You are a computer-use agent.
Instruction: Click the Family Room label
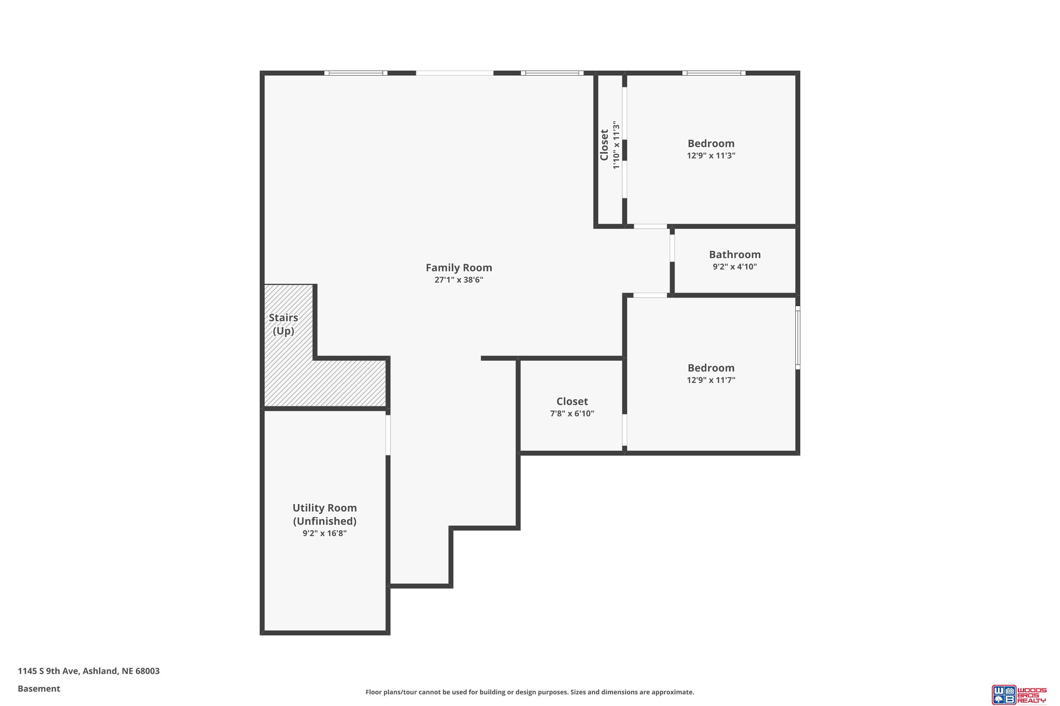click(459, 268)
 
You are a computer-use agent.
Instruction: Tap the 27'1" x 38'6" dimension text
click(459, 280)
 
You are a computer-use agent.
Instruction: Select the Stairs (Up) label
click(283, 324)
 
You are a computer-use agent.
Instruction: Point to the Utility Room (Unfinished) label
click(324, 514)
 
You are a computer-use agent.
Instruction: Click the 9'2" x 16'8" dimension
click(324, 533)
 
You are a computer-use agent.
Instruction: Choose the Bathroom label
click(735, 255)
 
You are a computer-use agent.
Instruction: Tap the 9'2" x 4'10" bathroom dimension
click(735, 267)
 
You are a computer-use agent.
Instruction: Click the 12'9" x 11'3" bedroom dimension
click(711, 156)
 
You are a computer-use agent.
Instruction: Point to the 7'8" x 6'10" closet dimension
click(572, 413)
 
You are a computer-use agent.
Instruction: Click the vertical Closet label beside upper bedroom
click(604, 145)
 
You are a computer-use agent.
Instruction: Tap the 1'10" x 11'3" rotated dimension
click(616, 145)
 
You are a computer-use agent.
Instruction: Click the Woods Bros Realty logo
click(1019, 694)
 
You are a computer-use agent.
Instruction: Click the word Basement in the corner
click(39, 688)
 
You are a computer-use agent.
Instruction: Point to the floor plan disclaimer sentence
click(530, 692)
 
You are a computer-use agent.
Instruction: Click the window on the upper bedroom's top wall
click(714, 73)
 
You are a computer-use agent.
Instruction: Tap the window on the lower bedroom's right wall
click(798, 338)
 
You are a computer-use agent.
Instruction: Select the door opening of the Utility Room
click(388, 435)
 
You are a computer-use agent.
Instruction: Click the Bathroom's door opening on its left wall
click(672, 248)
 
